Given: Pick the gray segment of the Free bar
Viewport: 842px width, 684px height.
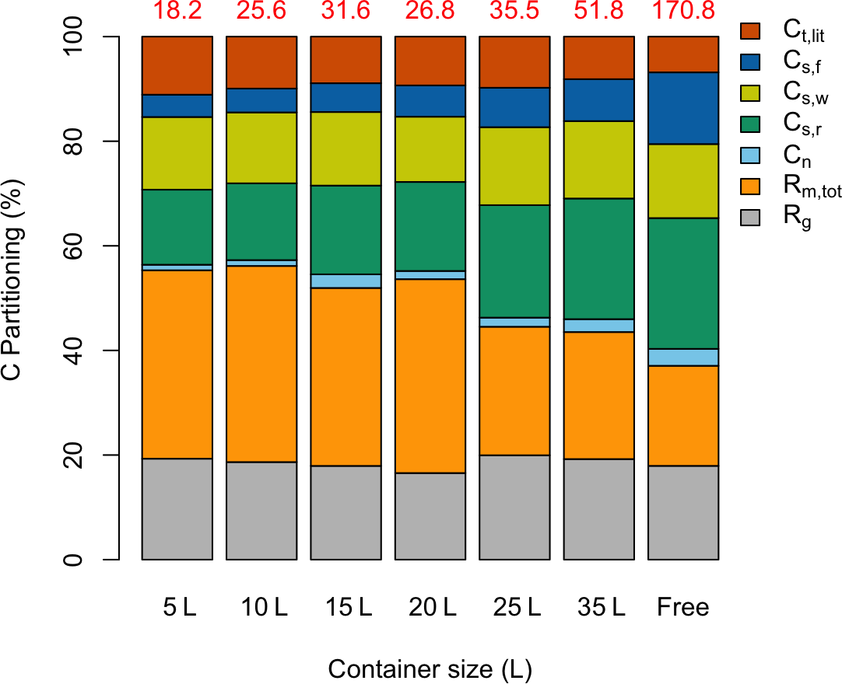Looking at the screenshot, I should click(682, 512).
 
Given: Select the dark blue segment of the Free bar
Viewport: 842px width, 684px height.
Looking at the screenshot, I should click(682, 108).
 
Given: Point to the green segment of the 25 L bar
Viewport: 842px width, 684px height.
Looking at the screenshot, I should click(514, 261).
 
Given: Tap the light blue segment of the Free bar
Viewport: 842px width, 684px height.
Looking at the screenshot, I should click(682, 357).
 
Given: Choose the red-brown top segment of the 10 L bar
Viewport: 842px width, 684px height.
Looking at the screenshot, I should click(261, 62).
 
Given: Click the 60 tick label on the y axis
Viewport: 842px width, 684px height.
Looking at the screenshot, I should click(74, 246).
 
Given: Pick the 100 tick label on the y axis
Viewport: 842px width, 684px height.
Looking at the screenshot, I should click(74, 37).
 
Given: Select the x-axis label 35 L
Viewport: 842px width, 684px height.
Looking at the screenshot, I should click(598, 607).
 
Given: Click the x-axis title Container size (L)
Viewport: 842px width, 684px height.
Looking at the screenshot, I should click(430, 668).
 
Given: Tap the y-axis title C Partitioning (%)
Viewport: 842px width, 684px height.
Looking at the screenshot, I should click(14, 298).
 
